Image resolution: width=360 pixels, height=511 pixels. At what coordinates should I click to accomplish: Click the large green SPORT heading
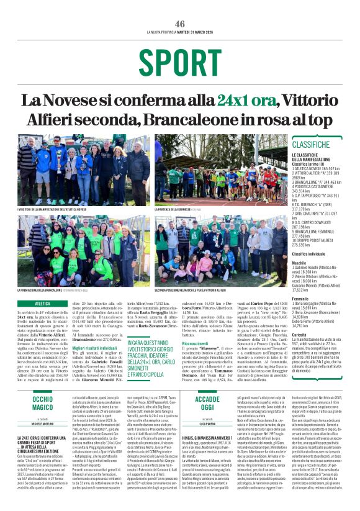coord(179,61)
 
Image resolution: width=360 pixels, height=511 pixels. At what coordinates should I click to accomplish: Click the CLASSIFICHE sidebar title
coord(310,144)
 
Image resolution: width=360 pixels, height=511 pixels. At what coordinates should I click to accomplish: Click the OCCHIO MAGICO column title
coord(43,404)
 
